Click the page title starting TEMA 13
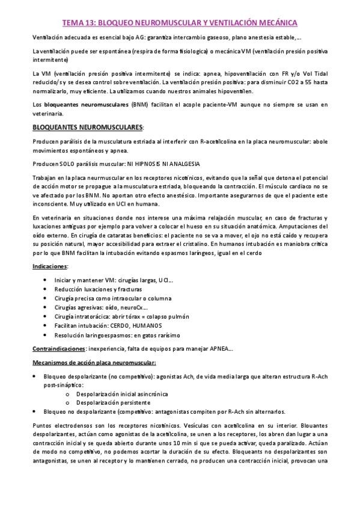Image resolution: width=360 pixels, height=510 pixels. [180, 22]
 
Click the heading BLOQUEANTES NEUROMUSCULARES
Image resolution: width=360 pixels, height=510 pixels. [88, 127]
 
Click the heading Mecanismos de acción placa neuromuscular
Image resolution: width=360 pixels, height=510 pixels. [94, 363]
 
